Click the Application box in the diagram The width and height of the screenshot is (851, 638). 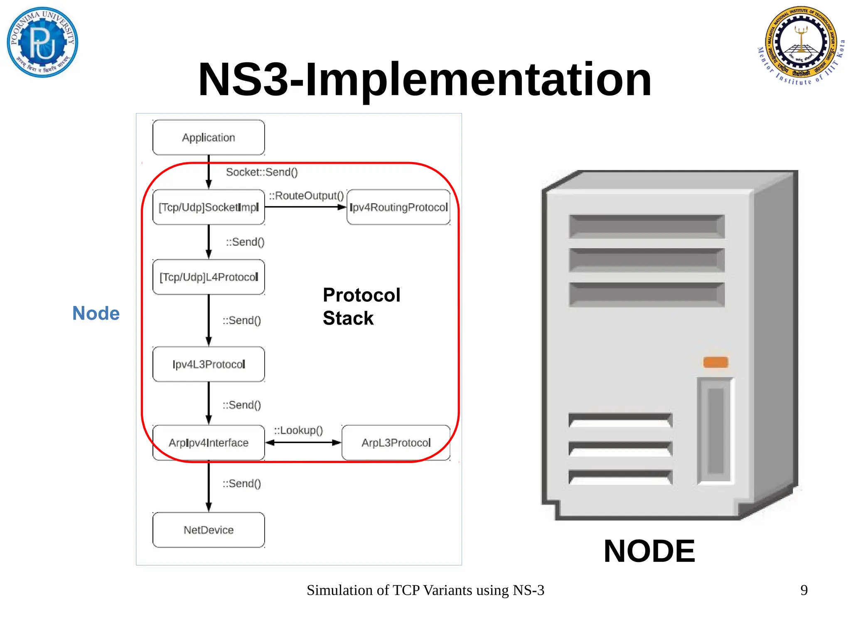[x=209, y=138]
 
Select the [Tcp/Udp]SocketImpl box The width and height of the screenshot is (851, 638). [x=209, y=207]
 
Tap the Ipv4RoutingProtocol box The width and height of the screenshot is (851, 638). [x=398, y=207]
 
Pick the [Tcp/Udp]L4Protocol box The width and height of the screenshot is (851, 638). [x=209, y=277]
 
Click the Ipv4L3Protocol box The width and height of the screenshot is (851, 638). [x=209, y=364]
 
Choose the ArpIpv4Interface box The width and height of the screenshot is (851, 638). [x=209, y=443]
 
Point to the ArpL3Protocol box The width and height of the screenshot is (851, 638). [x=396, y=443]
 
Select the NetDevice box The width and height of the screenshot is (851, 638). [x=209, y=530]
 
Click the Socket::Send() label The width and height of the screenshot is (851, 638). [x=262, y=172]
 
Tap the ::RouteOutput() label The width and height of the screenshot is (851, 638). [x=306, y=196]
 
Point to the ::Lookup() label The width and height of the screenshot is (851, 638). [x=298, y=430]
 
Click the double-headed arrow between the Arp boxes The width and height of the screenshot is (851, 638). [x=303, y=443]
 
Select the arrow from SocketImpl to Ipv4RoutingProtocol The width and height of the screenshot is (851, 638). [x=305, y=207]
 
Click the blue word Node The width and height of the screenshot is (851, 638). [x=96, y=313]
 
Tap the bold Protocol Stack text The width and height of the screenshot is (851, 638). [x=362, y=307]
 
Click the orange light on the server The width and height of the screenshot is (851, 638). [x=716, y=362]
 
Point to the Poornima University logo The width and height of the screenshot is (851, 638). [x=42, y=42]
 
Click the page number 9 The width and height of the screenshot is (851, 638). [x=804, y=590]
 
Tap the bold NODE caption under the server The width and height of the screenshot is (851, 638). [x=649, y=551]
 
